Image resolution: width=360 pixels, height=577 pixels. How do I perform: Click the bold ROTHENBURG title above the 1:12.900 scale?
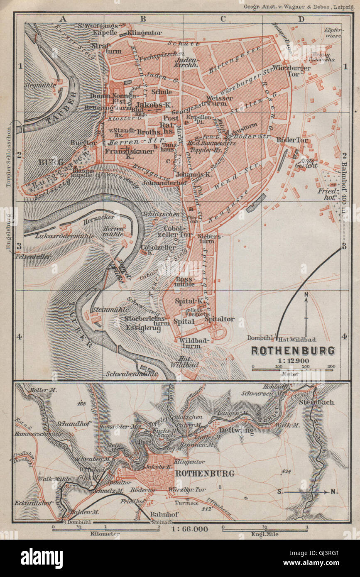click(293, 351)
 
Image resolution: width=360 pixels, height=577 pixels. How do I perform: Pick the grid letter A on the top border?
click(63, 19)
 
